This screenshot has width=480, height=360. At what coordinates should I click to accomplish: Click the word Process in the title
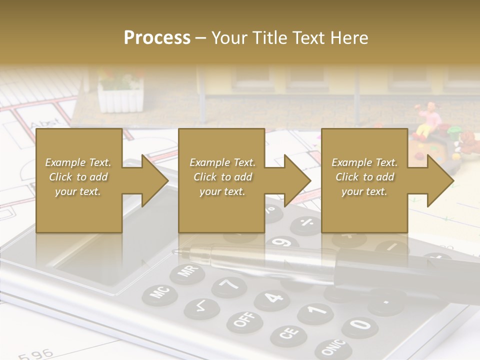click(157, 38)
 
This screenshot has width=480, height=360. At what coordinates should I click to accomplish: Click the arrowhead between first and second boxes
click(152, 180)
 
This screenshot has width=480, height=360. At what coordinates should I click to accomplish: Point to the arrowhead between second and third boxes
click(295, 180)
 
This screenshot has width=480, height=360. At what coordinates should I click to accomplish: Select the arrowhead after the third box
click(438, 180)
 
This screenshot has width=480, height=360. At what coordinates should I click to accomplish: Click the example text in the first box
click(78, 177)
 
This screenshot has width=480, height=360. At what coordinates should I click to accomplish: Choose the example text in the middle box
click(222, 177)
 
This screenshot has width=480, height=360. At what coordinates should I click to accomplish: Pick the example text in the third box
click(364, 177)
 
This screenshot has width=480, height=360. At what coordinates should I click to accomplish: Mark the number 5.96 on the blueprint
click(36, 354)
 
